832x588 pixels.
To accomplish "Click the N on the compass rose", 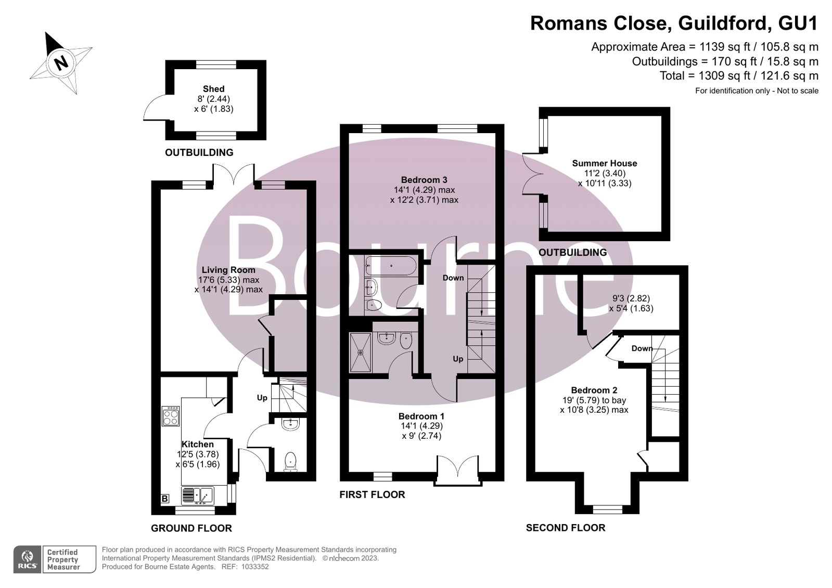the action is [x=61, y=63].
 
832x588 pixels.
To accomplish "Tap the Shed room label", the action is [x=213, y=89].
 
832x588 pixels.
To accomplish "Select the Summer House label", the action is [x=604, y=163].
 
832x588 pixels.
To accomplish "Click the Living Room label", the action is [x=228, y=270].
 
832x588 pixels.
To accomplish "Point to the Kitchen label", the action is [x=198, y=444].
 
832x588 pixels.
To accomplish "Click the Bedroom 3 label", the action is [x=424, y=180].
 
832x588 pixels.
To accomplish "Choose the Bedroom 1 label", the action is [x=421, y=416].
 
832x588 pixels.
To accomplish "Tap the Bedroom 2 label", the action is [x=594, y=390].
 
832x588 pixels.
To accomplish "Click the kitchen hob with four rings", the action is [x=171, y=416].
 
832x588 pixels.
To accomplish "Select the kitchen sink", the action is [x=197, y=495].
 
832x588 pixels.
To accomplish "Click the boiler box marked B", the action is [x=165, y=499].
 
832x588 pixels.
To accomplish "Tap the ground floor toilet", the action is [x=290, y=461].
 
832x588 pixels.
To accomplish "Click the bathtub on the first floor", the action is [x=391, y=266].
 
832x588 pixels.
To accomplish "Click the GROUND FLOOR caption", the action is [x=191, y=528].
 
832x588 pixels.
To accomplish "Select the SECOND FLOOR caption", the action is [x=565, y=528].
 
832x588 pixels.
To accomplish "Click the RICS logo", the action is [x=28, y=559].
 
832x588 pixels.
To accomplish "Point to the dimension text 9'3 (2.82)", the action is [x=631, y=298].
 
